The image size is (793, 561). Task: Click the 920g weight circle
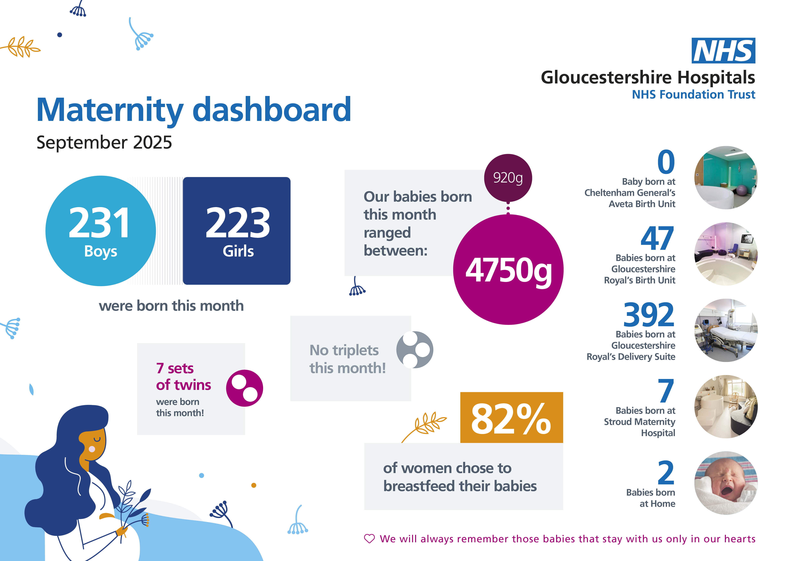pos(508,178)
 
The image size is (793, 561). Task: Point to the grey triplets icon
pos(414,350)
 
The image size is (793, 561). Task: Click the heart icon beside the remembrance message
pos(369,539)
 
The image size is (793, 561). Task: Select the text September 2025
pos(104,142)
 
